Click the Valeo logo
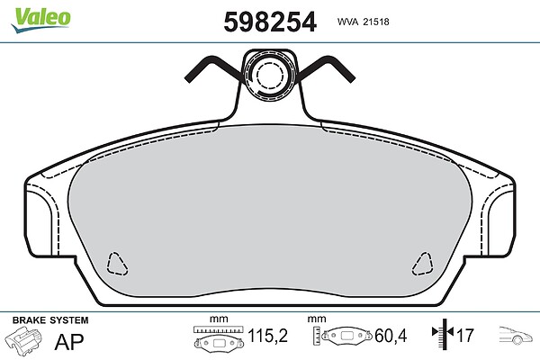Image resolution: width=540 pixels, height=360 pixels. [40, 19]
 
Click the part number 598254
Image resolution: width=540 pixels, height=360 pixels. [270, 22]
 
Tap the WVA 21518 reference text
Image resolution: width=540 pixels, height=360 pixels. [363, 22]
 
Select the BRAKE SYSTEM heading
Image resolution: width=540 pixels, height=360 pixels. [50, 320]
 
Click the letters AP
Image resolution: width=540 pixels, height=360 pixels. [69, 341]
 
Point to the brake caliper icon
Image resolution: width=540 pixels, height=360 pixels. [23, 339]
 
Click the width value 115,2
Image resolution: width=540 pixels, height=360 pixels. [267, 335]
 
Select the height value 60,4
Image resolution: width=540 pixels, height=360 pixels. [391, 336]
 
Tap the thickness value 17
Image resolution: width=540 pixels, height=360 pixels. [465, 335]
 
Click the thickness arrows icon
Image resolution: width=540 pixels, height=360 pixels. [443, 332]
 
